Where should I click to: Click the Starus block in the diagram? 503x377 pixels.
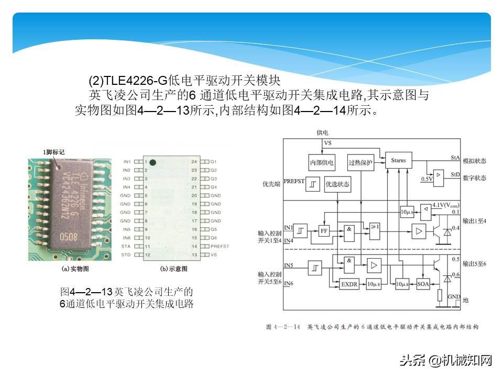click(x=398, y=160)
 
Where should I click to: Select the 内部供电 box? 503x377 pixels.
click(x=321, y=162)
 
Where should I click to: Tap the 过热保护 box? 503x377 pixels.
click(x=360, y=162)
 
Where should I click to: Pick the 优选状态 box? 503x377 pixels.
click(x=337, y=184)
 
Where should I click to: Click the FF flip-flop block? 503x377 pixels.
click(x=324, y=230)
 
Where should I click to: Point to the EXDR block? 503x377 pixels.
click(x=348, y=284)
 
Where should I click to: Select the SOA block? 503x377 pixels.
click(x=423, y=284)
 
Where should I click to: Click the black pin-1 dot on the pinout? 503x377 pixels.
click(x=152, y=163)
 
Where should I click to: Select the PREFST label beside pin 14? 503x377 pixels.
click(x=219, y=246)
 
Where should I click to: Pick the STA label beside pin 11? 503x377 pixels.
click(x=126, y=246)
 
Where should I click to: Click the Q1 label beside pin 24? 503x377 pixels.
click(x=213, y=162)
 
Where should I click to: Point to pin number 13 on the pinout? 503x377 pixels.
click(x=194, y=254)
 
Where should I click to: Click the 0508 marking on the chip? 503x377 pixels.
click(x=68, y=237)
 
